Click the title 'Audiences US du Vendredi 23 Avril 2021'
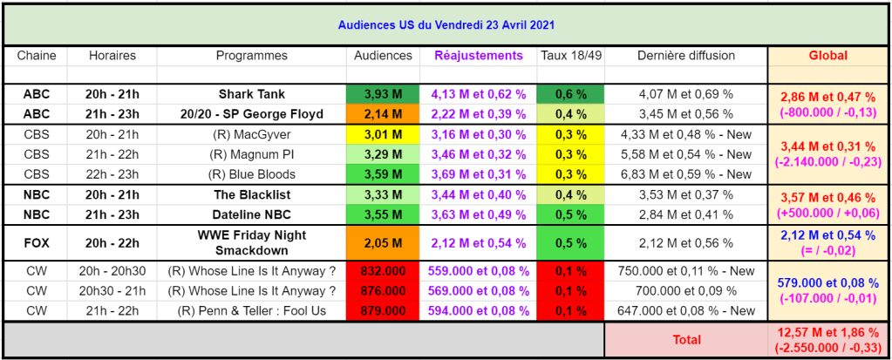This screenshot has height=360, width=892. tap(446, 25)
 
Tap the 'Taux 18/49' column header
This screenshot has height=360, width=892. tap(570, 56)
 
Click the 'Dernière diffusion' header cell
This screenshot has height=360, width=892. tap(686, 56)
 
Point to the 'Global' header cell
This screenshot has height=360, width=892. tap(827, 56)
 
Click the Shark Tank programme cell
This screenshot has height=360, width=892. tap(252, 94)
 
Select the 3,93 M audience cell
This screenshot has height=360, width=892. tap(383, 94)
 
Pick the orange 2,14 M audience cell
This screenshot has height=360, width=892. tap(383, 114)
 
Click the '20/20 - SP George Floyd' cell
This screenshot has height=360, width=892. tap(252, 114)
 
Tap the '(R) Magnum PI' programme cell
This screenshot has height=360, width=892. tap(252, 154)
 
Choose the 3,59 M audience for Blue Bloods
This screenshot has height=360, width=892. tap(383, 174)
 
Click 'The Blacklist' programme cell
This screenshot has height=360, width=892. tap(252, 194)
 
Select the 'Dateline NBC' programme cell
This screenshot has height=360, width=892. tap(252, 214)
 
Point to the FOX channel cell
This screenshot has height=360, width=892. tap(37, 241)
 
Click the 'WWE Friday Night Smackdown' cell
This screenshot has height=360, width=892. tap(252, 241)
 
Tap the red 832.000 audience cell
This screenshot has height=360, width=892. tap(383, 270)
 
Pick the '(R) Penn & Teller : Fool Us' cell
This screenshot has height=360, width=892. tap(252, 310)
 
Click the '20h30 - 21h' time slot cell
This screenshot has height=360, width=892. tap(112, 290)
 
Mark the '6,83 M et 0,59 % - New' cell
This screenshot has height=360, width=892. tap(686, 174)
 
